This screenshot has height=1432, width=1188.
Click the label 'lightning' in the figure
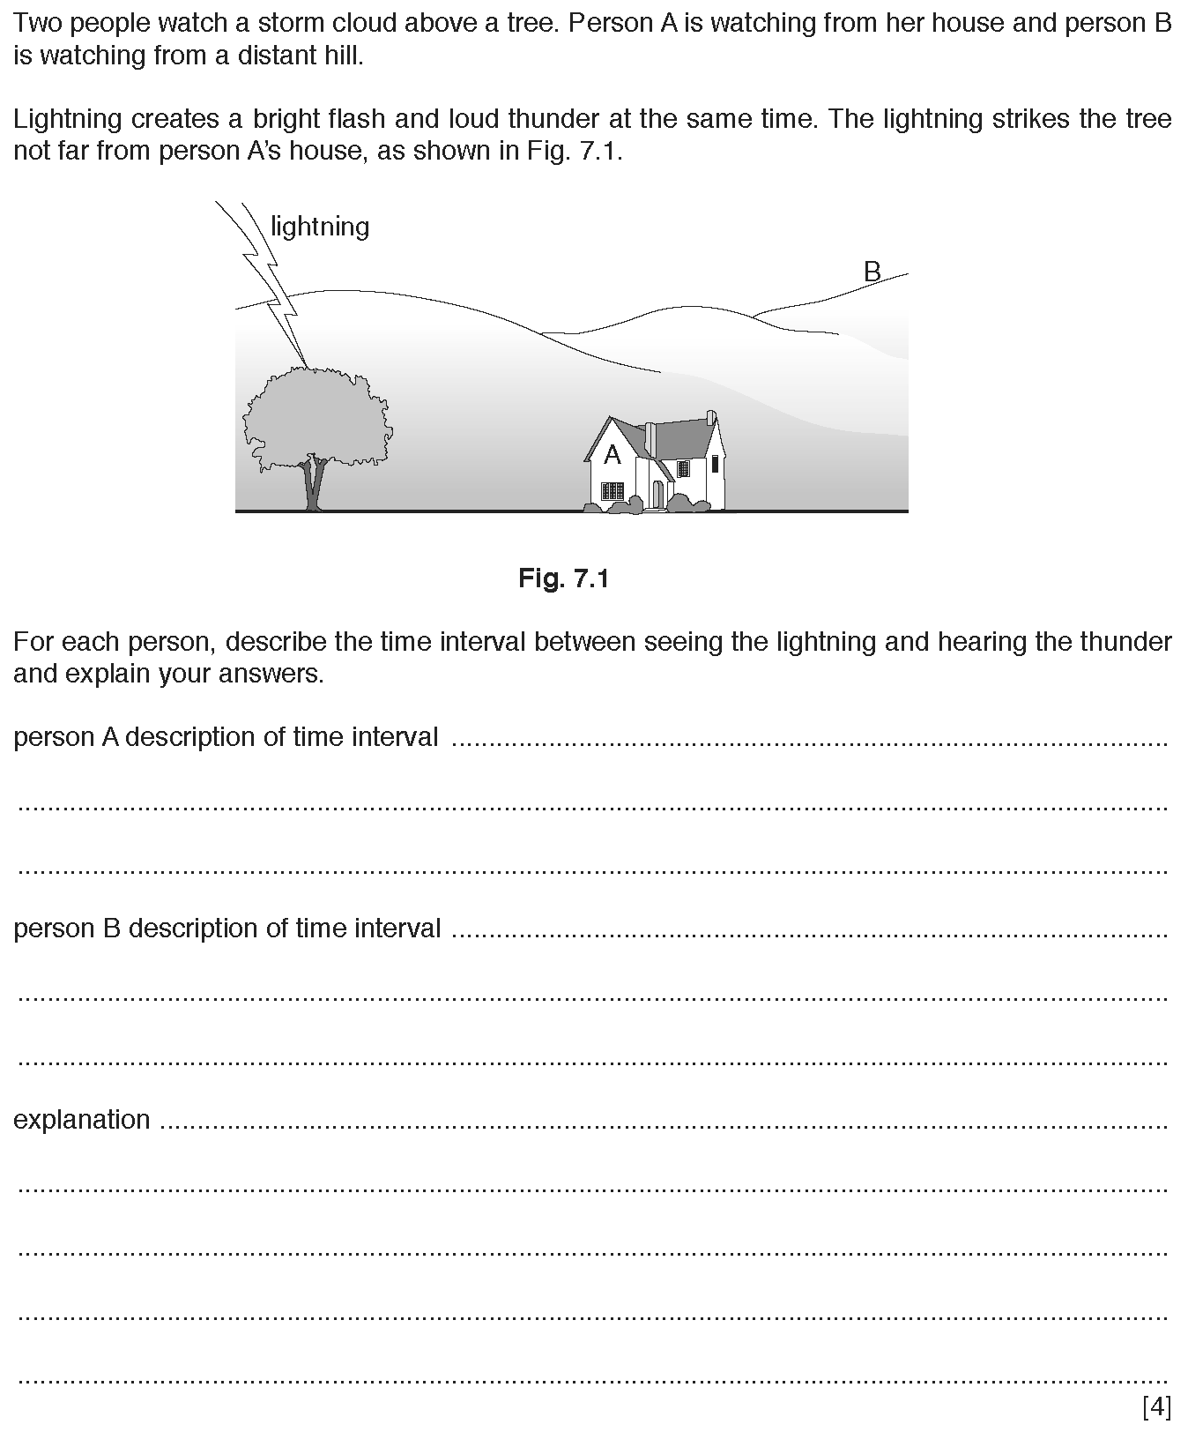[x=319, y=227]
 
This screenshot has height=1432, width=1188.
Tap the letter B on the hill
[x=872, y=272]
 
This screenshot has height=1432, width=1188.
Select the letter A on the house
[x=612, y=455]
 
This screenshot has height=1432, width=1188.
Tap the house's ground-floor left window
[x=612, y=491]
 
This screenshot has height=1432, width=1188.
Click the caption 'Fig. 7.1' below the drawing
[x=564, y=578]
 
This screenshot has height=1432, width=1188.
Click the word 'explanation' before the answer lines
[x=82, y=1120]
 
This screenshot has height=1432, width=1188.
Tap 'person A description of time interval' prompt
[x=226, y=737]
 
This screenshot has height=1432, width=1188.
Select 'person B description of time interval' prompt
[x=227, y=929]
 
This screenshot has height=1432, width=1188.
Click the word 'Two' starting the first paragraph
[x=37, y=23]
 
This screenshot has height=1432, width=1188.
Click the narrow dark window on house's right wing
[x=714, y=464]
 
